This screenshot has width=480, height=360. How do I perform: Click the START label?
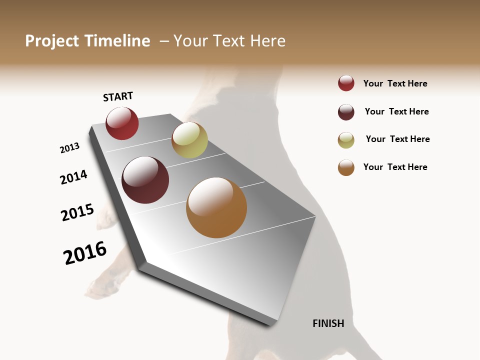118,96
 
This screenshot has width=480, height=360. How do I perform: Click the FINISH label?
328,323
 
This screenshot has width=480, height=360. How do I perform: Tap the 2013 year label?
69,148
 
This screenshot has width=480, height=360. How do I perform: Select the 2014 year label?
73,177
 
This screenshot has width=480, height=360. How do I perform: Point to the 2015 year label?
77,212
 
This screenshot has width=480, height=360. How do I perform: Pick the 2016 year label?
85,253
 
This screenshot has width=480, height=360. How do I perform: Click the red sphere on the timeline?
122,123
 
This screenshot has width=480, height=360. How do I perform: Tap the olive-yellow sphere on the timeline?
189,140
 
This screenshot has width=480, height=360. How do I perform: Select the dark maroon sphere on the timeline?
145,180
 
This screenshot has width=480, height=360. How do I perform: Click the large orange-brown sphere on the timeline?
216,207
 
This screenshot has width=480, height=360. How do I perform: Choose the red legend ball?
346,83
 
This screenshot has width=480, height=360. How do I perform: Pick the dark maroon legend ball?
346,112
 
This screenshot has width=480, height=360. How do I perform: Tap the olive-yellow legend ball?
346,140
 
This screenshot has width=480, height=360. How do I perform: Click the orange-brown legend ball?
346,167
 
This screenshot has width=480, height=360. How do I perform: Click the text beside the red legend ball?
395,83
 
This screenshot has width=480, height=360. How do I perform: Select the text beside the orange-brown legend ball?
395,167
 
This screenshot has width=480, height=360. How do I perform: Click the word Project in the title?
51,41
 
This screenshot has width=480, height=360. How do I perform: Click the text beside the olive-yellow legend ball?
397,139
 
